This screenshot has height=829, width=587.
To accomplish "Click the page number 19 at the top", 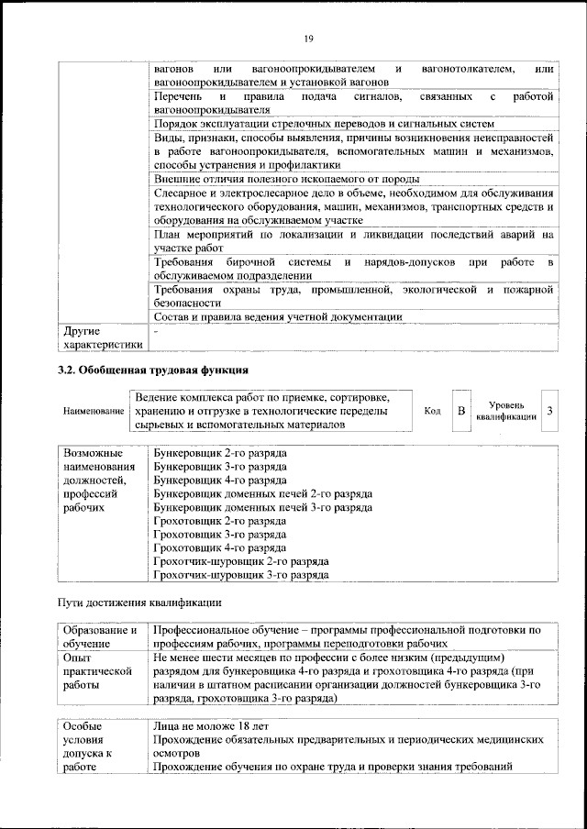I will [309, 38].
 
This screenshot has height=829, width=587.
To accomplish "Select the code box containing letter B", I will [462, 410].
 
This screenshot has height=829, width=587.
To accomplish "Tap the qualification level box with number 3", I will [548, 410].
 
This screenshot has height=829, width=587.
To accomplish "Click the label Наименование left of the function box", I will [94, 412].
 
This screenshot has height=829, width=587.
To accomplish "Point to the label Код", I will [432, 411].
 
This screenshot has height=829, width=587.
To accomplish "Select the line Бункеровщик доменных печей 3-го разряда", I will [262, 506].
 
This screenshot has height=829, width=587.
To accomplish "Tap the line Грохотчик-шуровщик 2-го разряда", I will [241, 561].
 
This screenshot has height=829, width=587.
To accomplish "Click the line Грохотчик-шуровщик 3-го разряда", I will [241, 575].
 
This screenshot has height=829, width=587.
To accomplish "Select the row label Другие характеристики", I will [100, 337].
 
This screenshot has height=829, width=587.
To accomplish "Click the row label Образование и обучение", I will [100, 637].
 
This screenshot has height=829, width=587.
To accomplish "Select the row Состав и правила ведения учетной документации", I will [277, 317].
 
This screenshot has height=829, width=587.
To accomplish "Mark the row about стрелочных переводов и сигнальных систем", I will [325, 123].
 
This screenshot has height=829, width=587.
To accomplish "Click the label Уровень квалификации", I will [506, 410].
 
